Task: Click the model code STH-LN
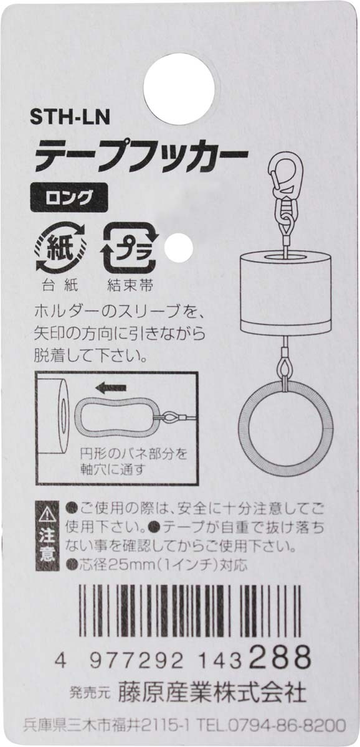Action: click(x=70, y=118)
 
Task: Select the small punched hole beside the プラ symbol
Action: click(x=179, y=248)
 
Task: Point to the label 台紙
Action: click(x=60, y=286)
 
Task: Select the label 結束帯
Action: click(x=130, y=286)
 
